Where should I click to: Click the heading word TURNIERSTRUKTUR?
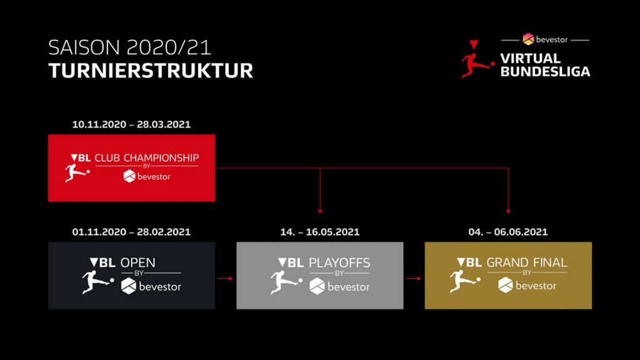(151, 71)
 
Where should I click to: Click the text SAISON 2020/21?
(130, 47)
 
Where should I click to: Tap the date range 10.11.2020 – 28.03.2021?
(131, 124)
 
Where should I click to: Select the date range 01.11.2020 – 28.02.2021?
(131, 232)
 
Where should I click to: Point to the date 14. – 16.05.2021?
(320, 232)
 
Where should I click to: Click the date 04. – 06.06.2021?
(508, 232)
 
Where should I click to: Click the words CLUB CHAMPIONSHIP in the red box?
(147, 158)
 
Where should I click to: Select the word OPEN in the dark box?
(138, 262)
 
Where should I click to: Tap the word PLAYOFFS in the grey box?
(339, 262)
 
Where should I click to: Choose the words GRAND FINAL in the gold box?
(526, 262)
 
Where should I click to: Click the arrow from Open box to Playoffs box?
(225, 278)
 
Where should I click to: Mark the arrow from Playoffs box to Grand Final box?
(414, 278)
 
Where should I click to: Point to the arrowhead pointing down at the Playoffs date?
(320, 211)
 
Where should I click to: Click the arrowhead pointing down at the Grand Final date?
(508, 211)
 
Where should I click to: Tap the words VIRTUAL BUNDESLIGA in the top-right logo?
(545, 65)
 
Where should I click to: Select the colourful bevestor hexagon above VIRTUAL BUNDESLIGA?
(528, 39)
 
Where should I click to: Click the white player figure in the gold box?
(465, 281)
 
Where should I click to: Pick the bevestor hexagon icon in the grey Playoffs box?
(317, 286)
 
